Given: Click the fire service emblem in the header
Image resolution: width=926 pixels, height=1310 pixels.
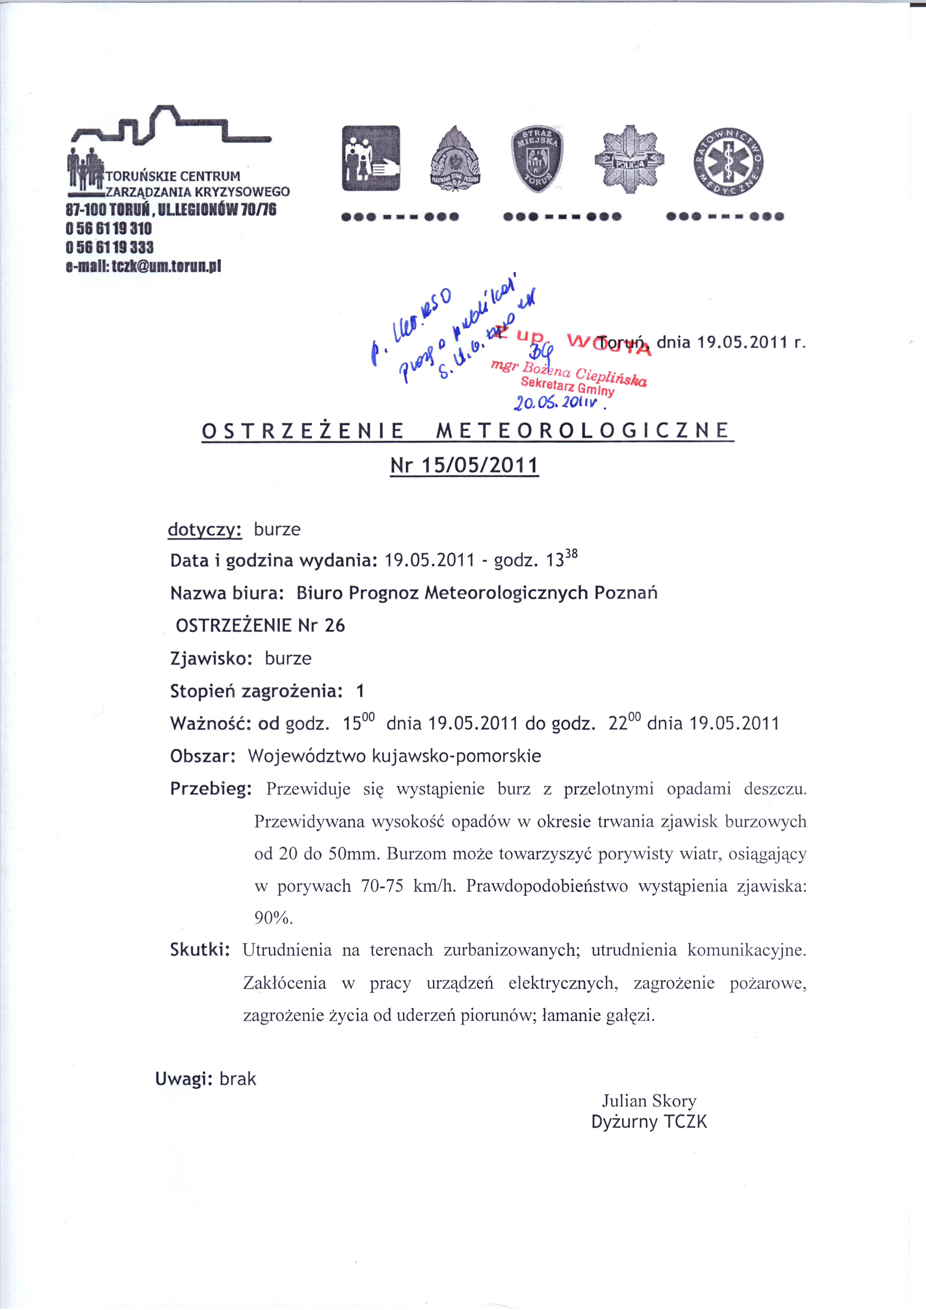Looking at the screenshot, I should pyautogui.click(x=455, y=160).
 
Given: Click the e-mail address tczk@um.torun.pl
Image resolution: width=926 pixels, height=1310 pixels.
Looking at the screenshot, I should pyautogui.click(x=143, y=266).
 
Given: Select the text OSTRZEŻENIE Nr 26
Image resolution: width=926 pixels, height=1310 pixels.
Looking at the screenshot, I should pyautogui.click(x=260, y=625).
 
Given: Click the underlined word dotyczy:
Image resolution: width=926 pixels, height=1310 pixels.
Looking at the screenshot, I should pyautogui.click(x=205, y=530).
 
